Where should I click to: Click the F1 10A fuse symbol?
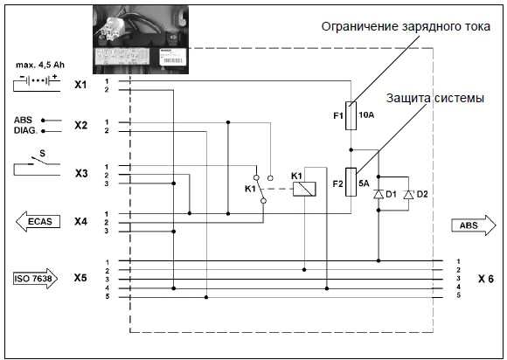tap(350, 114)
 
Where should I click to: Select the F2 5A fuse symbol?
tap(350, 182)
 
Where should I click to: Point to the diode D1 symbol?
tap(378, 194)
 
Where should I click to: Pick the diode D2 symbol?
tap(408, 194)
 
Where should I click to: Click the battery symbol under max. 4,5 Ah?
tap(36, 84)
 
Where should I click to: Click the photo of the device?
tap(141, 40)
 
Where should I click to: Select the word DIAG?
tap(24, 131)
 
